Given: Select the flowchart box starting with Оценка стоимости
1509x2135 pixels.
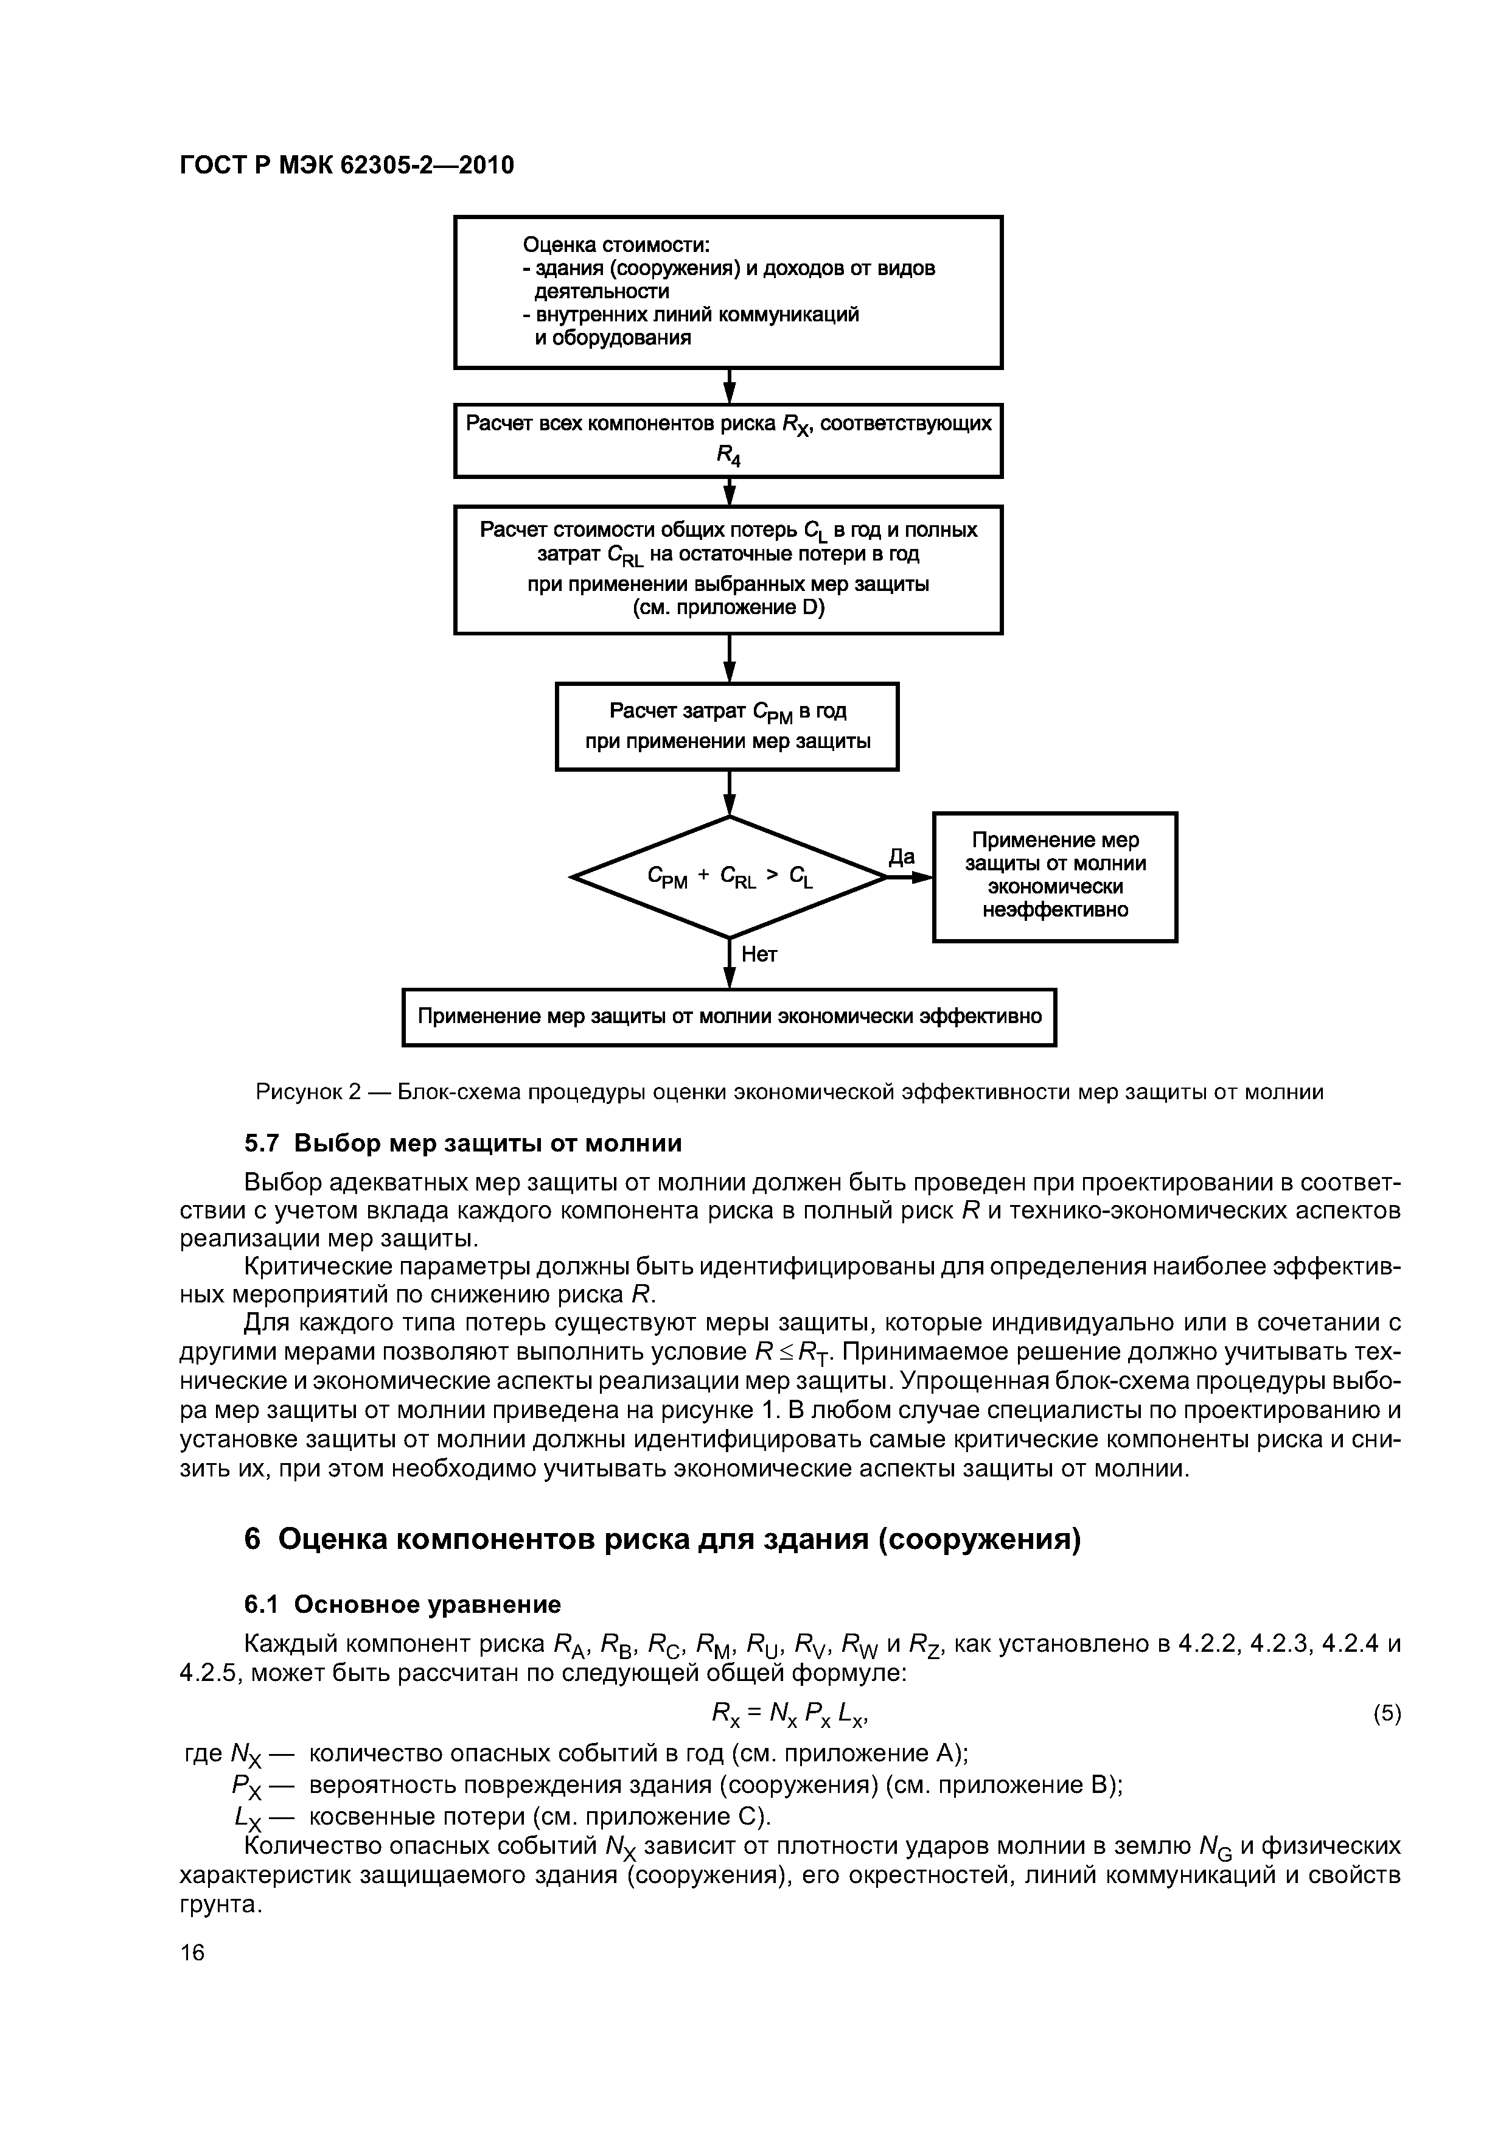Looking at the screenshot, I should coord(728,293).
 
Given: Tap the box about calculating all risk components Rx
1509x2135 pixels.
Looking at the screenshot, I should coord(728,440).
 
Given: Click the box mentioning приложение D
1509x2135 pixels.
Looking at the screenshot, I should coord(728,569).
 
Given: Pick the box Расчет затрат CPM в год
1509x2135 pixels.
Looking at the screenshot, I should coord(727,726).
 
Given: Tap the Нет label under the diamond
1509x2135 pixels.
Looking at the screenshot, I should coord(759,955).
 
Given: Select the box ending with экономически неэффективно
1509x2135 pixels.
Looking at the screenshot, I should coord(1055,876).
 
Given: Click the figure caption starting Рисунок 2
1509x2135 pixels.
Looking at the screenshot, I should coord(789,1092).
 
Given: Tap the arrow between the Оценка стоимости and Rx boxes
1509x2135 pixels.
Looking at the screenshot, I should coord(730,386).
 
